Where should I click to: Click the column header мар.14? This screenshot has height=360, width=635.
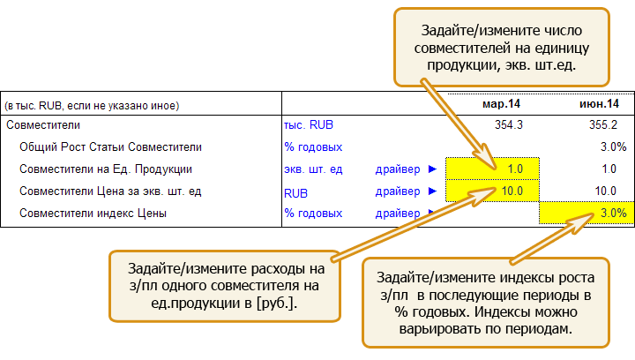pyautogui.click(x=501, y=104)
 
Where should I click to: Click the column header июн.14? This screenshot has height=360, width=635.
pyautogui.click(x=599, y=104)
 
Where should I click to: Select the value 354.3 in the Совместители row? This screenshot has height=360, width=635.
pyautogui.click(x=509, y=124)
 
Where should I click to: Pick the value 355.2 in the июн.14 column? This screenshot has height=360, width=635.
pyautogui.click(x=603, y=124)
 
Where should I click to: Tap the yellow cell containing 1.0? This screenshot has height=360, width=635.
pyautogui.click(x=492, y=169)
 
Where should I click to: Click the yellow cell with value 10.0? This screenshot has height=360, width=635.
pyautogui.click(x=492, y=191)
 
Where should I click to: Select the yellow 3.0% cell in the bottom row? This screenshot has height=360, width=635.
pyautogui.click(x=586, y=213)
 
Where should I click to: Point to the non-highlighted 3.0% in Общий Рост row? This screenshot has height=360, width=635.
pyautogui.click(x=614, y=146)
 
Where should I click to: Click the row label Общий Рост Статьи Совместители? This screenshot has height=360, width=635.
pyautogui.click(x=110, y=147)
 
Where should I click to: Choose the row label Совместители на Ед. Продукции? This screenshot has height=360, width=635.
pyautogui.click(x=106, y=169)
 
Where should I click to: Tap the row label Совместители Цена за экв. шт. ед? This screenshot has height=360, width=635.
pyautogui.click(x=110, y=191)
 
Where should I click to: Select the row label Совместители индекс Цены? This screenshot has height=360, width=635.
pyautogui.click(x=93, y=214)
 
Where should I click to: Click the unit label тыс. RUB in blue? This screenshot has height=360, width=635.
pyautogui.click(x=309, y=124)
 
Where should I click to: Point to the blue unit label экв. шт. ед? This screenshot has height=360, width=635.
pyautogui.click(x=313, y=169)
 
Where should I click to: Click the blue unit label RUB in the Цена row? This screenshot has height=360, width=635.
pyautogui.click(x=295, y=193)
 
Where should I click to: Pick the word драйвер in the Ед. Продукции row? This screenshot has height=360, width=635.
pyautogui.click(x=398, y=169)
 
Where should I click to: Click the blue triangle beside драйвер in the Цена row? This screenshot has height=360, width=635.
pyautogui.click(x=432, y=191)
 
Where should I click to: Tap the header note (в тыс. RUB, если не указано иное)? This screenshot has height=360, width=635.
pyautogui.click(x=92, y=106)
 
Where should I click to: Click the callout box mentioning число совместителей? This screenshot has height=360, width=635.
pyautogui.click(x=501, y=48)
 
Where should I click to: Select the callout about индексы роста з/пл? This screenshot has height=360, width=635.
pyautogui.click(x=486, y=303)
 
